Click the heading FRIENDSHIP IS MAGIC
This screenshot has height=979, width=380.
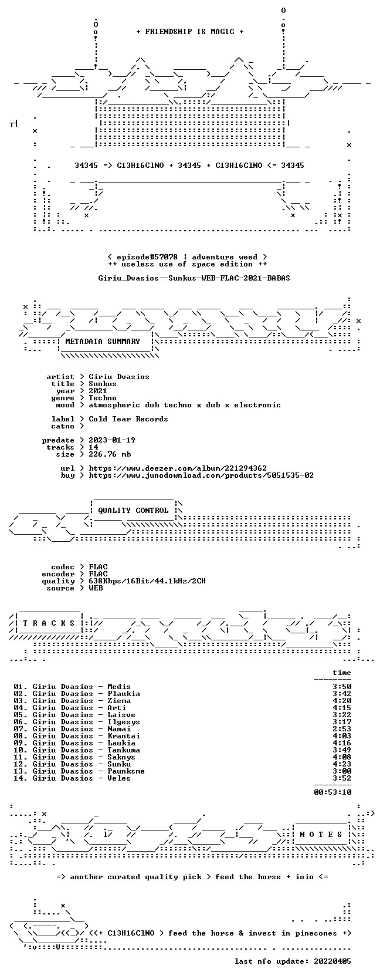pos(190,32)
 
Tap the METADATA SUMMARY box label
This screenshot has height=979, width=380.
pos(103,342)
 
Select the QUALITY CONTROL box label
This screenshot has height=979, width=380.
pos(133,511)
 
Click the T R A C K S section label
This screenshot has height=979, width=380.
pos(49,623)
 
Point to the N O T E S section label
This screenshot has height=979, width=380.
pos(321,835)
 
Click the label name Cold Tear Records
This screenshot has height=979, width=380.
pos(128,418)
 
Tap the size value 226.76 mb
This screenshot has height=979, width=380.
pos(110,454)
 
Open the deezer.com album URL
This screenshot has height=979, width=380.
pos(178,468)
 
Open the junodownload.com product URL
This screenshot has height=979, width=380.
pos(201,475)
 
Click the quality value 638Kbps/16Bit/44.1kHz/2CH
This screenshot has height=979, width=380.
pos(147,581)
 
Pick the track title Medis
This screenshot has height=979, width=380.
pos(119,687)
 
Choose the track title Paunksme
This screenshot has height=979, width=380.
pos(126,771)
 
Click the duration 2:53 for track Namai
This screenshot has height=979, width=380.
pos(342,728)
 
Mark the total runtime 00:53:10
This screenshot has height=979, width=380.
pos(333,792)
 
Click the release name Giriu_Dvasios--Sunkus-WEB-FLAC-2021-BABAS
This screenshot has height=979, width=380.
pos(194,278)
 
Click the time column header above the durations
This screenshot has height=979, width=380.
pos(341,673)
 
